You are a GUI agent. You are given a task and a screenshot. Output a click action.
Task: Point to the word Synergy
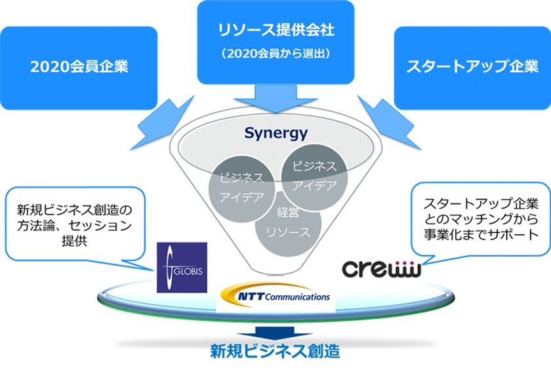click(275, 133)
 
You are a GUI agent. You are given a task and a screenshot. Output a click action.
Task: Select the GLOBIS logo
click(182, 267)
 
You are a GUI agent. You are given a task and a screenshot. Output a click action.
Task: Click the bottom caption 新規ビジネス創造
click(275, 351)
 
